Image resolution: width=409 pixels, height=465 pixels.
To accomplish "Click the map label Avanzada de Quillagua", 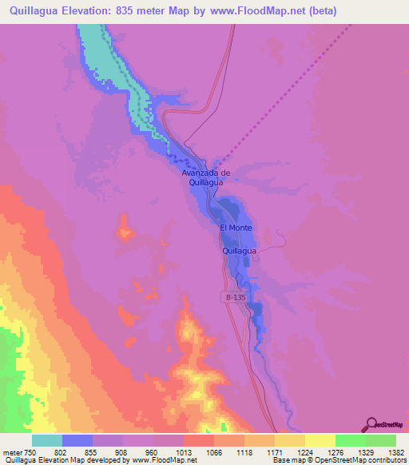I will (x=206, y=177).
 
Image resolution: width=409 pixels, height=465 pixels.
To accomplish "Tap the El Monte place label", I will (x=236, y=228).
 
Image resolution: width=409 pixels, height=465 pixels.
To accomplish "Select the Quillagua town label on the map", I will (x=239, y=251).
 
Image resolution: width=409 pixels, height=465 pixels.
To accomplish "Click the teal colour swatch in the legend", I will (x=47, y=440).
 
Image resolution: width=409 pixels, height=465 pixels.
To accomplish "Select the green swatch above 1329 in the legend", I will (x=350, y=440).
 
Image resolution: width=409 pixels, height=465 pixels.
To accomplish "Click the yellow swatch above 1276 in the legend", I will (x=320, y=440).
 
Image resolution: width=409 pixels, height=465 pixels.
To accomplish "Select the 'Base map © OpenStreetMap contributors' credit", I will (x=338, y=460).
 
